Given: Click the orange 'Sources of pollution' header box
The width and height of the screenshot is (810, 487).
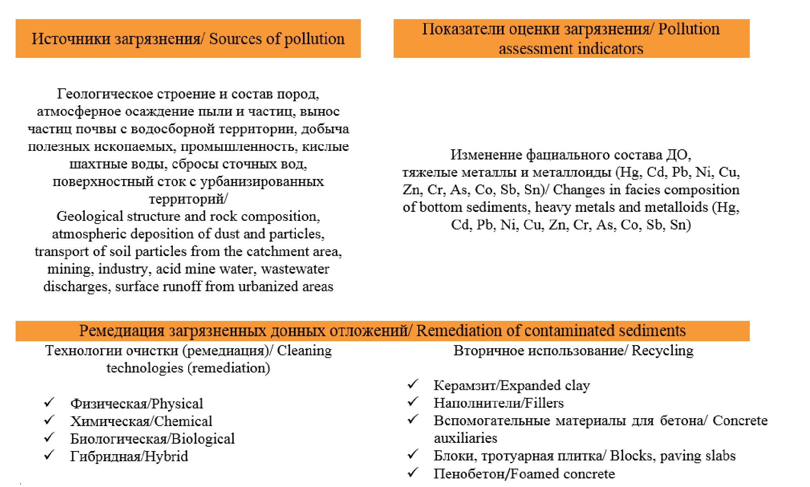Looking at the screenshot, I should coord(188,39).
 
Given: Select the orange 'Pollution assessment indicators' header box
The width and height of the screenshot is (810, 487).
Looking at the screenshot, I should coord(571,39).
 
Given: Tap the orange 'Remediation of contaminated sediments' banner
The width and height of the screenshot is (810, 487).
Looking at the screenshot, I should coord(382,331).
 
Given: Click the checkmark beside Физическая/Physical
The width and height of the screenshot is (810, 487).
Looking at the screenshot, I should coord(49,402).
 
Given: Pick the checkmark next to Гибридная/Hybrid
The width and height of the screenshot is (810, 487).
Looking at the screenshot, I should coord(49,455).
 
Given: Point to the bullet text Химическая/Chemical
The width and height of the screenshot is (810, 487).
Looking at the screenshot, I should coord(141,421).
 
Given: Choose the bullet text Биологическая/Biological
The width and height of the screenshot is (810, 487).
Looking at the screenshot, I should coord(152,439).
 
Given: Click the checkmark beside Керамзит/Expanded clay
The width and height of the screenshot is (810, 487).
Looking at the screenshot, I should coord(413,384).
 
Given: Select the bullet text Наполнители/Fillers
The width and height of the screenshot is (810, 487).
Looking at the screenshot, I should coord(498,403).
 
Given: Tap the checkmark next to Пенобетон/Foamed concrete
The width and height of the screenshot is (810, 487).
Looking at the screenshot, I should coord(413,473).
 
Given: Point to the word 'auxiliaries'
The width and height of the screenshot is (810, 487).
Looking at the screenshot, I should coord(465,438).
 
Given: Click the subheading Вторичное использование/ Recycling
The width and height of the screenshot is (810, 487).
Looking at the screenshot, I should coord(573,351).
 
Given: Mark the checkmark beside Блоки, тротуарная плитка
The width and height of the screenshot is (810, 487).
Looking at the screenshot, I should coord(413,455).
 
